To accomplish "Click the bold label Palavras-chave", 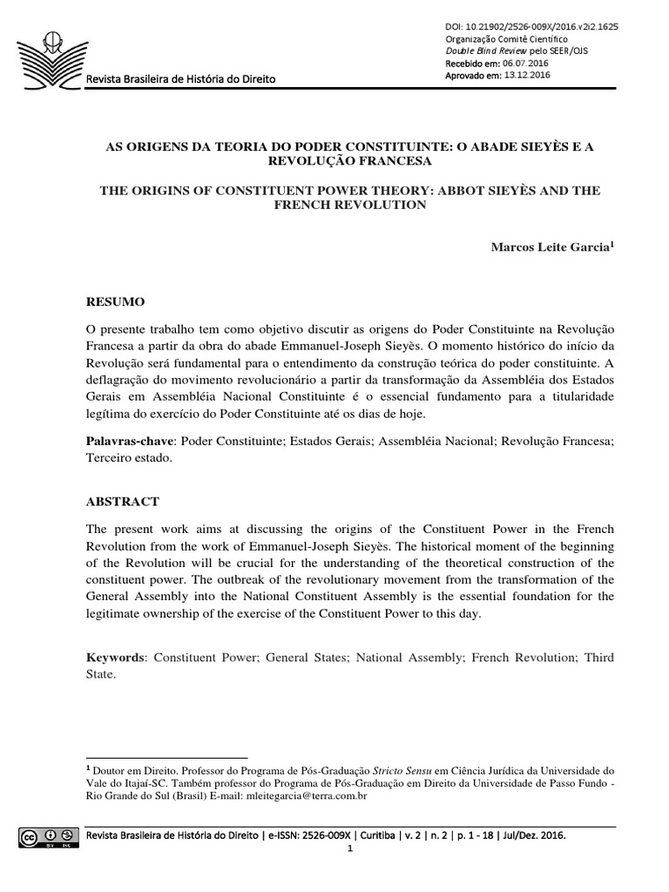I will [127, 442].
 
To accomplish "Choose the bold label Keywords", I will [116, 657].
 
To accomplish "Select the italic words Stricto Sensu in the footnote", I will [402, 771].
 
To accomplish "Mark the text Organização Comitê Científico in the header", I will [506, 39].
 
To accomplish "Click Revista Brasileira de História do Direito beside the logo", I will [179, 79].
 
